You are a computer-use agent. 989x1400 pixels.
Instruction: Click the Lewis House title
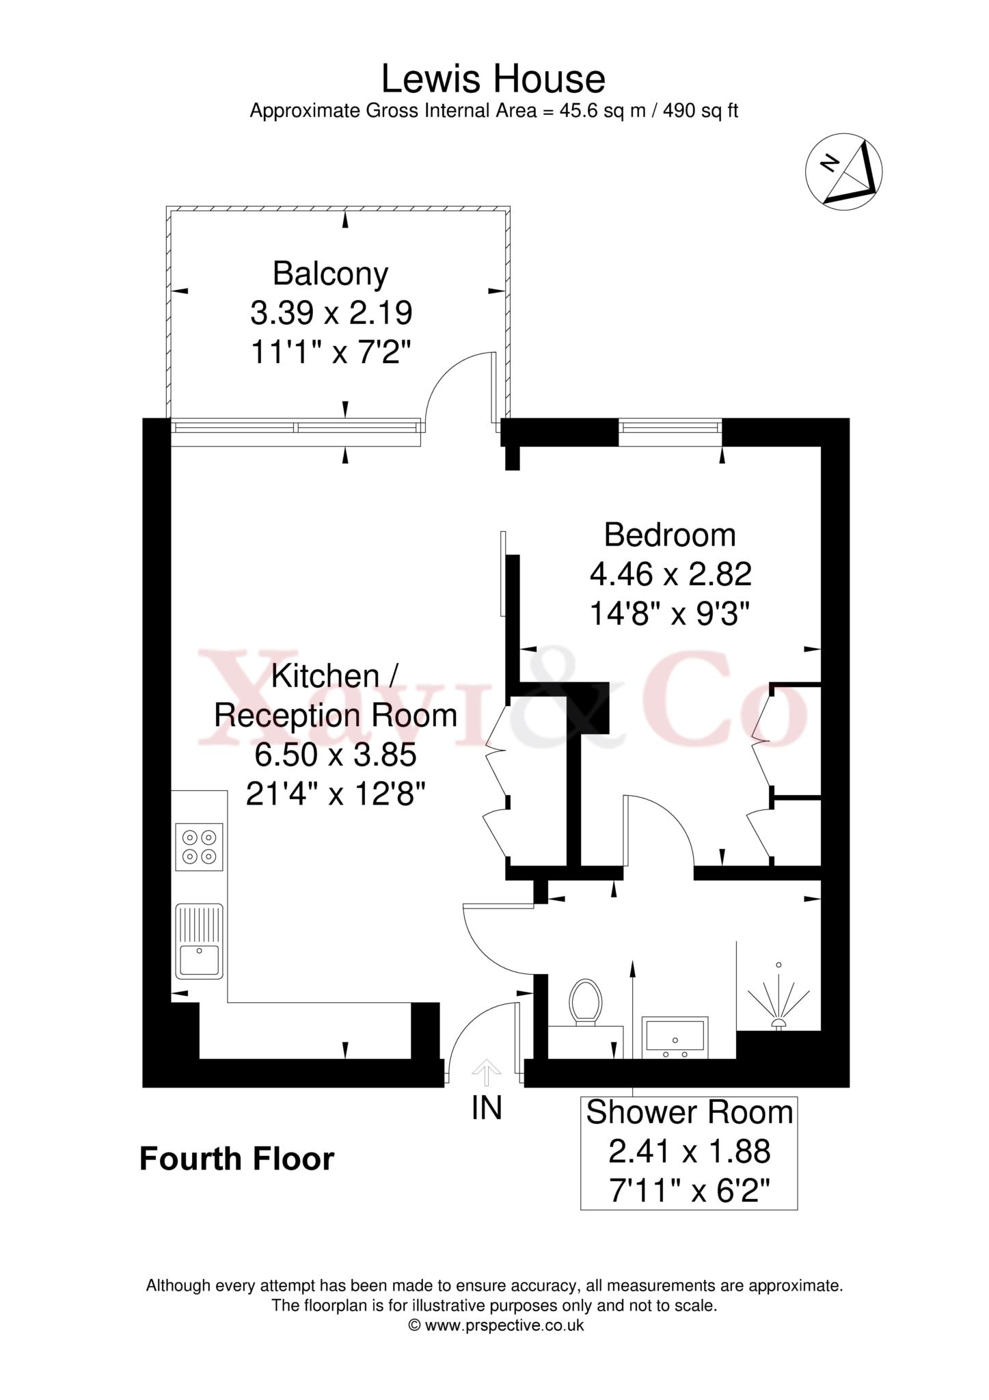tap(493, 79)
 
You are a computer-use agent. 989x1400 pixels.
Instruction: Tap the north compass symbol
tap(843, 172)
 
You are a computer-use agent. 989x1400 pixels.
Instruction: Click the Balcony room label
tap(330, 273)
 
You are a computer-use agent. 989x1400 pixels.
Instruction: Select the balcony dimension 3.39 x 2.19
tap(331, 314)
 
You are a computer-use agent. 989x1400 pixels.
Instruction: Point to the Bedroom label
tap(670, 535)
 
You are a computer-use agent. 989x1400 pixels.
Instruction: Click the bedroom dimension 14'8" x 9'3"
tap(670, 614)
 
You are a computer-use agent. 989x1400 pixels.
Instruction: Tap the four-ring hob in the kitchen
tap(199, 846)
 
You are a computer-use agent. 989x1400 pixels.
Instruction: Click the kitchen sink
tap(199, 941)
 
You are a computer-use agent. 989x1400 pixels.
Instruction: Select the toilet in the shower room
tap(586, 1003)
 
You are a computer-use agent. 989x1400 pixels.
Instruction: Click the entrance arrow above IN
tap(486, 1073)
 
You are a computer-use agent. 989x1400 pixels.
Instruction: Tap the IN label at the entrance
tap(487, 1108)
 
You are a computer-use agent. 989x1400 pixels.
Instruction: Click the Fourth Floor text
tap(236, 1159)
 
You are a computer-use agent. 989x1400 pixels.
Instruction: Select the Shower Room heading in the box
tap(689, 1113)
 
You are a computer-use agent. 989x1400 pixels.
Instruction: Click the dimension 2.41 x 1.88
tap(689, 1153)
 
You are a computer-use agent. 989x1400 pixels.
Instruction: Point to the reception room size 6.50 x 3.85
tap(335, 755)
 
